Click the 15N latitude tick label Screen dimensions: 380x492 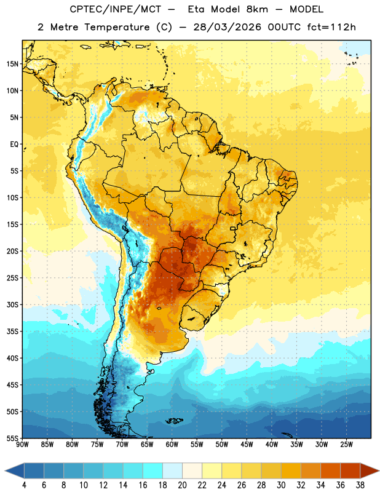coord(12,64)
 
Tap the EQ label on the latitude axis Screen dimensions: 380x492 coord(14,145)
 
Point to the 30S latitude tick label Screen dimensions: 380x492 coord(12,304)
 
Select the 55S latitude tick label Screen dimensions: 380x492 coord(12,438)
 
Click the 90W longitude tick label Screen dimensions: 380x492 coord(22,445)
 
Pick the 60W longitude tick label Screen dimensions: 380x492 coord(172,445)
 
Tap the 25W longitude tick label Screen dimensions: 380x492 coord(346,445)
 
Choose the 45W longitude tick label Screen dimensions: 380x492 coord(247,445)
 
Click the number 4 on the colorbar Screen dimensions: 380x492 coord(24,485)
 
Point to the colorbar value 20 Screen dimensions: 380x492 coord(182,485)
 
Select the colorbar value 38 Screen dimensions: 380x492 coord(360,485)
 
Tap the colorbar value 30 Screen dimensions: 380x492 coord(281,485)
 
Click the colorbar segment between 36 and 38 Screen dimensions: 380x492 coord(350,471)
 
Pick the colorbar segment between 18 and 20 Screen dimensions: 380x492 coord(172,471)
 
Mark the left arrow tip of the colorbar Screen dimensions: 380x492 coord(5,471)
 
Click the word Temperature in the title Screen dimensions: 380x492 coord(117,27)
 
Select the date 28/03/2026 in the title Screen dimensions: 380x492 coord(227,27)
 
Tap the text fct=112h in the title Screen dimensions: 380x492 coord(331,27)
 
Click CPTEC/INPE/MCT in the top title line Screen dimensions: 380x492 coord(116,9)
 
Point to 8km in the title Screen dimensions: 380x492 coord(257,9)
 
